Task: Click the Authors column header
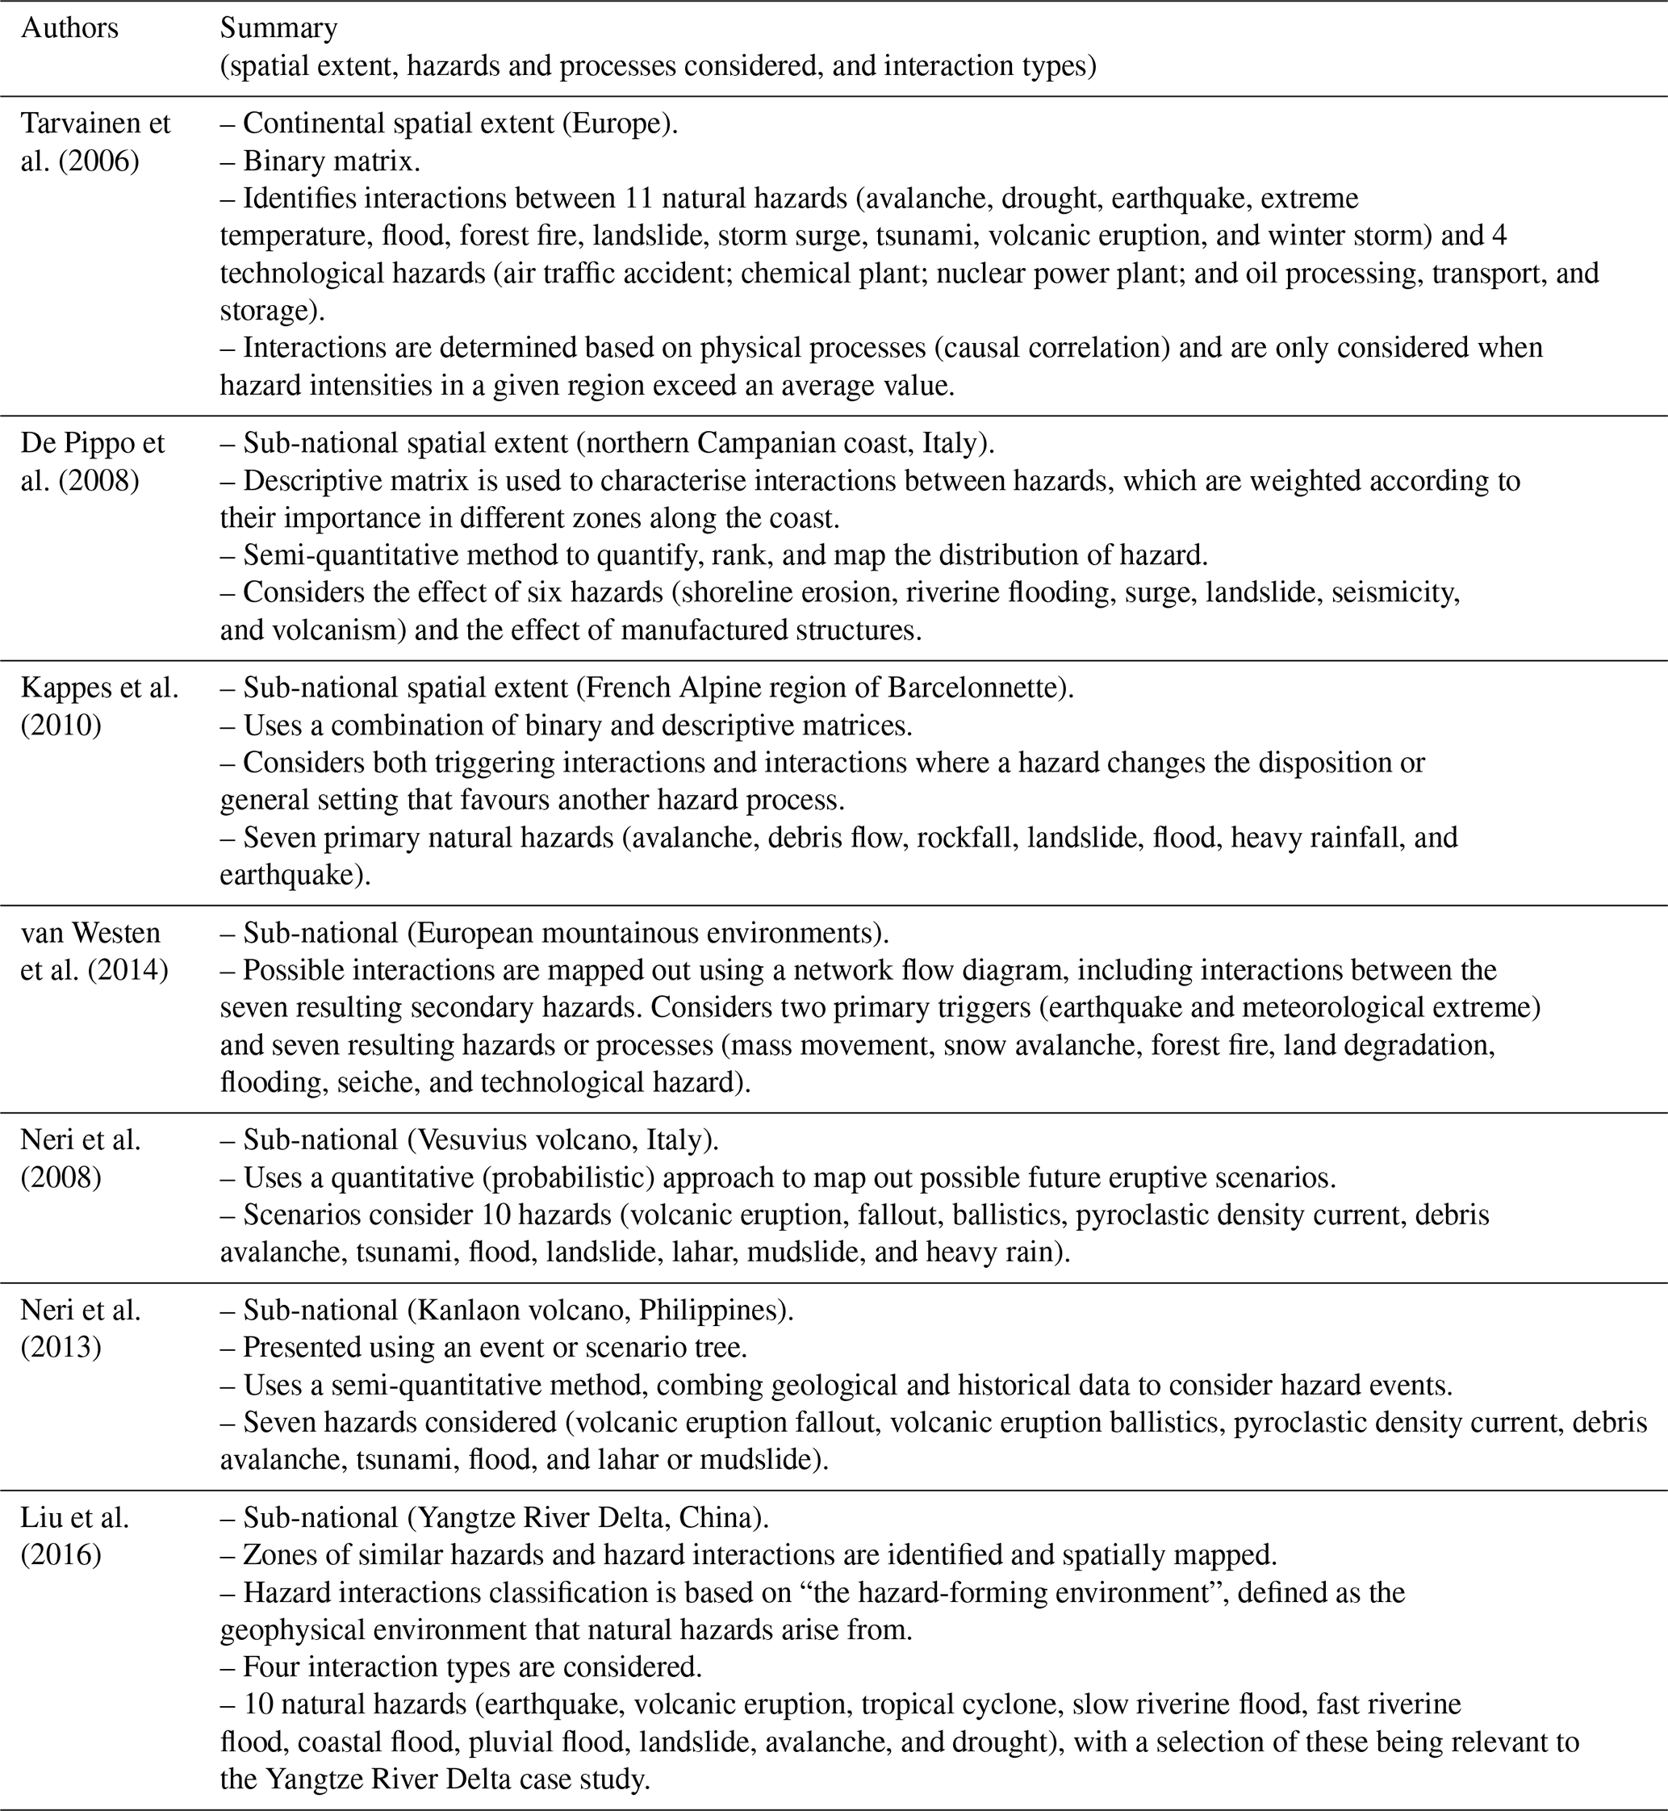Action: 69,29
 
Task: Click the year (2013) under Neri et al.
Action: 61,1347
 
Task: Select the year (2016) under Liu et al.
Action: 61,1554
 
